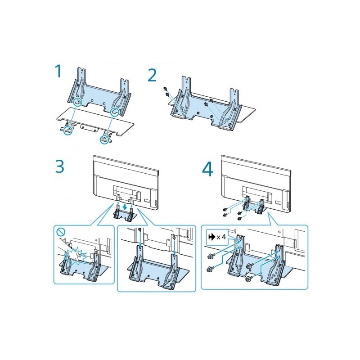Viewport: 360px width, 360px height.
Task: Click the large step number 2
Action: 152,76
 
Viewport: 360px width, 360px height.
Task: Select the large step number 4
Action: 208,170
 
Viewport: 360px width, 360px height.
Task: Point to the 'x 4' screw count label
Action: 221,237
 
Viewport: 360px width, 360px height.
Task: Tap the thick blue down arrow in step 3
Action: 125,207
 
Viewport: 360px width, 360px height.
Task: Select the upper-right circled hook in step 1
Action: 115,112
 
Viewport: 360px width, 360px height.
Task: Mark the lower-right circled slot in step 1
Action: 105,139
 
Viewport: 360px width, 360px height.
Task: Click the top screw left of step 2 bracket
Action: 165,89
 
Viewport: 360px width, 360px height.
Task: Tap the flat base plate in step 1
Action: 95,121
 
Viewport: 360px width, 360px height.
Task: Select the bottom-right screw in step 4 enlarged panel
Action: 248,279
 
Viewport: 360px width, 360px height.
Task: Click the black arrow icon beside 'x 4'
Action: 211,237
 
